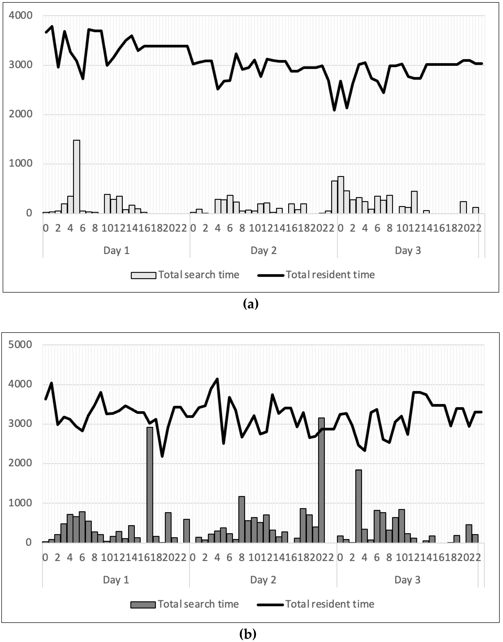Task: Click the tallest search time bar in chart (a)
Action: tap(77, 177)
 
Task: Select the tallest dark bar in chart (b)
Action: tap(321, 480)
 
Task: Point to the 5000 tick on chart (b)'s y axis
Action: tap(20, 345)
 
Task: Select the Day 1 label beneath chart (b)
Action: tap(116, 580)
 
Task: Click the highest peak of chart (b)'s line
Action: tap(217, 379)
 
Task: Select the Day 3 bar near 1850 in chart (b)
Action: tap(358, 506)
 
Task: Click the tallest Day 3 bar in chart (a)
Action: tap(341, 195)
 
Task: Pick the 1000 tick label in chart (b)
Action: tap(20, 503)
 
